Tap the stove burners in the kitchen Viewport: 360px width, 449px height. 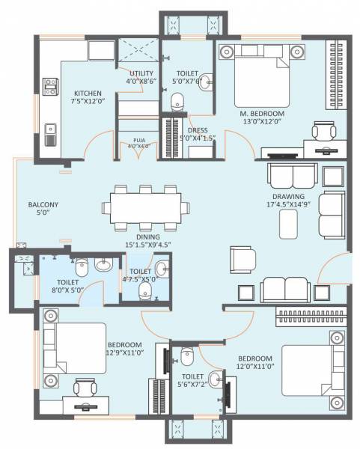pos(51,88)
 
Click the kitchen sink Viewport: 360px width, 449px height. pos(50,135)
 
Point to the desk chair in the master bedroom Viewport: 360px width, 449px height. pos(323,131)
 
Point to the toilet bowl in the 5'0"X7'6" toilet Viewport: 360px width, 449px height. pos(177,100)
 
